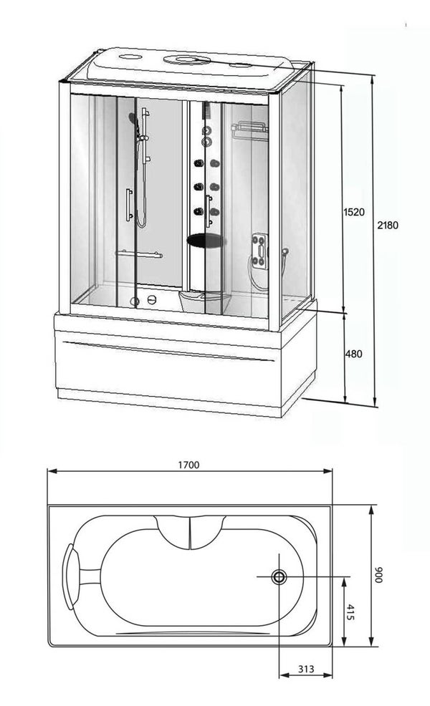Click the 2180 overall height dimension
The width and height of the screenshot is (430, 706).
[388, 225]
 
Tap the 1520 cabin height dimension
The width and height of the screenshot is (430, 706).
[354, 212]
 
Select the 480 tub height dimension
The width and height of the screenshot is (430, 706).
[353, 354]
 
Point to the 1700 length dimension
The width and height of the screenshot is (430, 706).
[188, 465]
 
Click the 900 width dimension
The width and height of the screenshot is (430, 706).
[378, 575]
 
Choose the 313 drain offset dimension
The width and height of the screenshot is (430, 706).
[306, 669]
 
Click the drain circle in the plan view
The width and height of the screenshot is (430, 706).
[279, 577]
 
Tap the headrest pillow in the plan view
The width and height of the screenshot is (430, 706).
[69, 576]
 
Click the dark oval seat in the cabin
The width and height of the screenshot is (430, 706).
[205, 241]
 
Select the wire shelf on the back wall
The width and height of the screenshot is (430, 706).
[249, 130]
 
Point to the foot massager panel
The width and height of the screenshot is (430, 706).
[259, 251]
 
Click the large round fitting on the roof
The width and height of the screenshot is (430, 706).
[186, 59]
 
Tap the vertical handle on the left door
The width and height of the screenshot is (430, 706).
[129, 205]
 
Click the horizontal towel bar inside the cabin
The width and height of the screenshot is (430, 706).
[139, 254]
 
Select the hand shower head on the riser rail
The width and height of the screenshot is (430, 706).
[133, 120]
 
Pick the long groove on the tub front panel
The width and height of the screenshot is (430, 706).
[168, 352]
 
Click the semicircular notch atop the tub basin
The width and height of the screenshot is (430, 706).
[190, 533]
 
